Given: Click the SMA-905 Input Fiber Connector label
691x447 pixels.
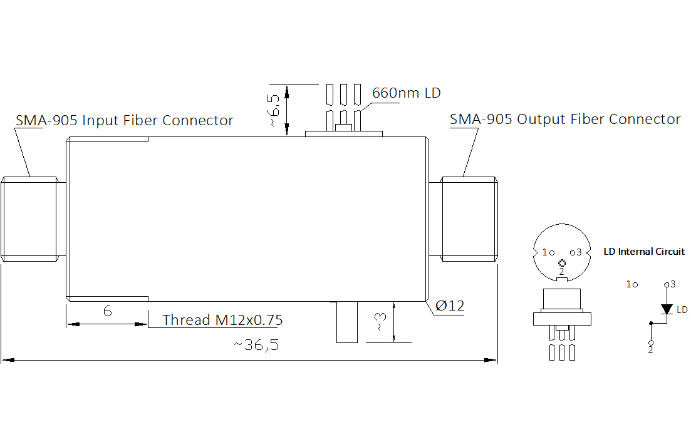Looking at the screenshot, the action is point(124,120).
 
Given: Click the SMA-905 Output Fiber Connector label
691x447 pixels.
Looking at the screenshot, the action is point(565,119).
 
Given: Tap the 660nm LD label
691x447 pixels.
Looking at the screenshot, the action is point(407,93).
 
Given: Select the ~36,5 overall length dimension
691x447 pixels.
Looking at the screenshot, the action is point(256,345).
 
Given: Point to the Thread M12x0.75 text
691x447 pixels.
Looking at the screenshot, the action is point(222,320).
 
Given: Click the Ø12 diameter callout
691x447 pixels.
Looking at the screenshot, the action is point(450,306).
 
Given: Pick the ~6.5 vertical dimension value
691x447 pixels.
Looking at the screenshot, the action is point(273,110).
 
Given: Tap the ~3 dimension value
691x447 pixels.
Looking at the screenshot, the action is point(380,322).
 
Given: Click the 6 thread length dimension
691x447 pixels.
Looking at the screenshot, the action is point(108,311).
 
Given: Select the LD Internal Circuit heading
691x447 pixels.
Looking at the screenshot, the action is point(644,252).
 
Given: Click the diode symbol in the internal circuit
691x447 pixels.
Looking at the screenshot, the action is point(667,309).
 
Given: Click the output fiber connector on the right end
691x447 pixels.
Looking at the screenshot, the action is point(463,219).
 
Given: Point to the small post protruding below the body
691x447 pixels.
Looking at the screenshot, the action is point(347,322).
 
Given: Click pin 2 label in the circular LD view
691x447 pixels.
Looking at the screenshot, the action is point(561,272).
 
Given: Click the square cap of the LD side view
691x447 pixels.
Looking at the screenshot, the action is point(562,301).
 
